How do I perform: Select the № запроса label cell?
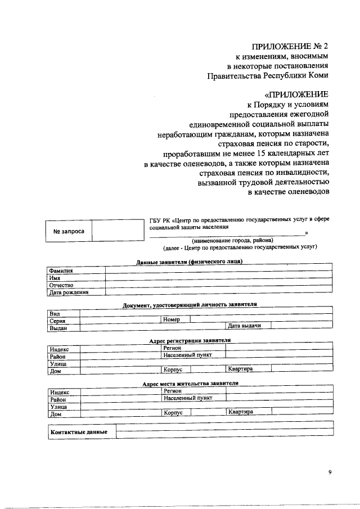[x=69, y=231]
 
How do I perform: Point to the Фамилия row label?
[x=61, y=271]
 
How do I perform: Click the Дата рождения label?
[x=69, y=292]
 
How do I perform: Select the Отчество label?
[x=62, y=285]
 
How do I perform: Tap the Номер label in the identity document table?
[x=172, y=319]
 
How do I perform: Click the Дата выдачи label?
[x=244, y=326]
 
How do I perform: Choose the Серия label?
[x=58, y=320]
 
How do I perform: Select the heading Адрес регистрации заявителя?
[x=190, y=341]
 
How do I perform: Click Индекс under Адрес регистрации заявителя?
[x=59, y=349]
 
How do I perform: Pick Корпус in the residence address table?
[x=173, y=412]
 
